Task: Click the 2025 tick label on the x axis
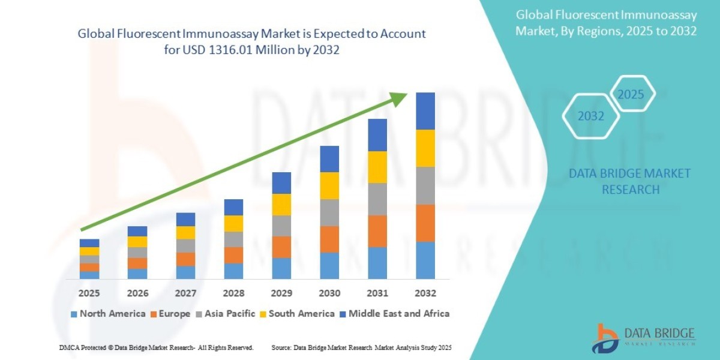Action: (89, 293)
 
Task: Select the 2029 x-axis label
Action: (281, 293)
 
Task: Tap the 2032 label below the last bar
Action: (425, 293)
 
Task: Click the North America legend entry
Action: (107, 314)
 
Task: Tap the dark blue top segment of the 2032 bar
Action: (425, 111)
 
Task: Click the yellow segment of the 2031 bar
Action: (377, 167)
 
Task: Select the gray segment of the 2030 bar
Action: (329, 212)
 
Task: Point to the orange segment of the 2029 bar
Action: (281, 247)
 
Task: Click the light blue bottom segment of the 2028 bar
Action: (233, 271)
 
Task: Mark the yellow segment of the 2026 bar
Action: (137, 241)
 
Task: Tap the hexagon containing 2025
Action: (631, 94)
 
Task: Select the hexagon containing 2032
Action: (591, 116)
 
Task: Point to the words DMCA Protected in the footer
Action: (85, 348)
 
